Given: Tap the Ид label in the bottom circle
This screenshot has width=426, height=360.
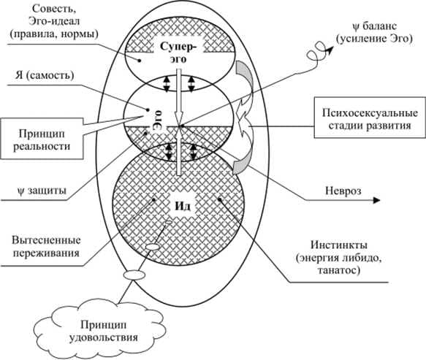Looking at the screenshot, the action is [x=182, y=207].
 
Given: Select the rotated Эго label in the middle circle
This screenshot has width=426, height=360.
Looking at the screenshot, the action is [x=159, y=120].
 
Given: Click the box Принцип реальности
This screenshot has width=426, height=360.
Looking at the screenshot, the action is [x=42, y=138].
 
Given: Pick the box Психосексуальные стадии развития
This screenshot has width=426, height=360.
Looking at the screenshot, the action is [x=370, y=118].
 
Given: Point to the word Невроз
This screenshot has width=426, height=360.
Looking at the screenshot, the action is [x=343, y=191].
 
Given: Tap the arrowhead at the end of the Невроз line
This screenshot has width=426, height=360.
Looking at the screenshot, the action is [x=377, y=200].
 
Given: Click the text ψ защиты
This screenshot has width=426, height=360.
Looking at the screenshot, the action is [x=42, y=191].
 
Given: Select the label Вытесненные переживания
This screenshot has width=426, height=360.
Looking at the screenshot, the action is [x=46, y=247].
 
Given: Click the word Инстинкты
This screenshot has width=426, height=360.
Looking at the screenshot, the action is [x=339, y=245].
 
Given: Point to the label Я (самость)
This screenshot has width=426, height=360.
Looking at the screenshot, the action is [x=45, y=75].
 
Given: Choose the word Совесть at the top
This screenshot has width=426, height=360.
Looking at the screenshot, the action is [x=54, y=9].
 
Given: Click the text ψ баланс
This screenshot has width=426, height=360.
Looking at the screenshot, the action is [x=374, y=26].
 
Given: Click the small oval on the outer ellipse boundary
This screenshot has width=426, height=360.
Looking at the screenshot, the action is [x=134, y=275].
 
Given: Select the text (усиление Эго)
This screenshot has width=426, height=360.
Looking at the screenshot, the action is [x=374, y=39].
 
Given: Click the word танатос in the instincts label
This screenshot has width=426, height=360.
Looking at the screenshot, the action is [x=339, y=270].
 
